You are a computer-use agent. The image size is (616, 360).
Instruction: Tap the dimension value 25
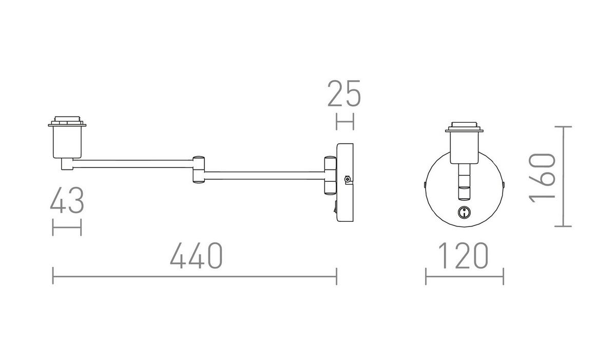344,93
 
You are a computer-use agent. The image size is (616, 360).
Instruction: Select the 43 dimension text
67,201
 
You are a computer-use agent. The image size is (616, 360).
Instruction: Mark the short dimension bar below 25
344,122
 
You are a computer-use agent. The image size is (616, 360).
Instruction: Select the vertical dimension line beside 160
564,176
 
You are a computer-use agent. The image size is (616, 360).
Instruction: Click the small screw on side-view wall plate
348,179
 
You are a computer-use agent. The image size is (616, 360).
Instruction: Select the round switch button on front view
464,212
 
